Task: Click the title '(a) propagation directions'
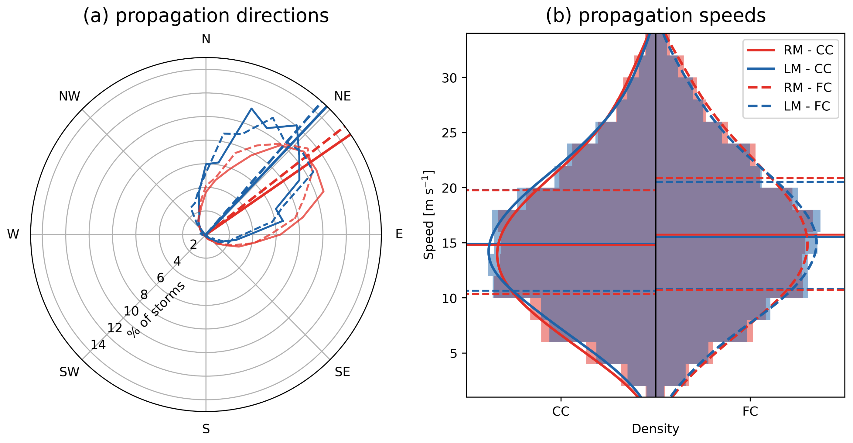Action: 206,16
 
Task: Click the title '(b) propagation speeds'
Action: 655,16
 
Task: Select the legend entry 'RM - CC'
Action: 808,50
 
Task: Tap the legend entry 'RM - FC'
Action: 807,88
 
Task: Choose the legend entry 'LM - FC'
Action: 807,106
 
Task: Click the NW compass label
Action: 69,96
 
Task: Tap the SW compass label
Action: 69,372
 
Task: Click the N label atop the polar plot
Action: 206,39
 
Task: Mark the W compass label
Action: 13,234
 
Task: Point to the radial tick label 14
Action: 98,345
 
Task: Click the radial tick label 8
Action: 144,294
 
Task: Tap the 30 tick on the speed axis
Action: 450,78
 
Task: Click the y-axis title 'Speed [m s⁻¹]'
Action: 428,215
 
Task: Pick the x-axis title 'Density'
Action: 655,429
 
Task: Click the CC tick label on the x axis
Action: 561,411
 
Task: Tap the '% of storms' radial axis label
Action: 156,309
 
